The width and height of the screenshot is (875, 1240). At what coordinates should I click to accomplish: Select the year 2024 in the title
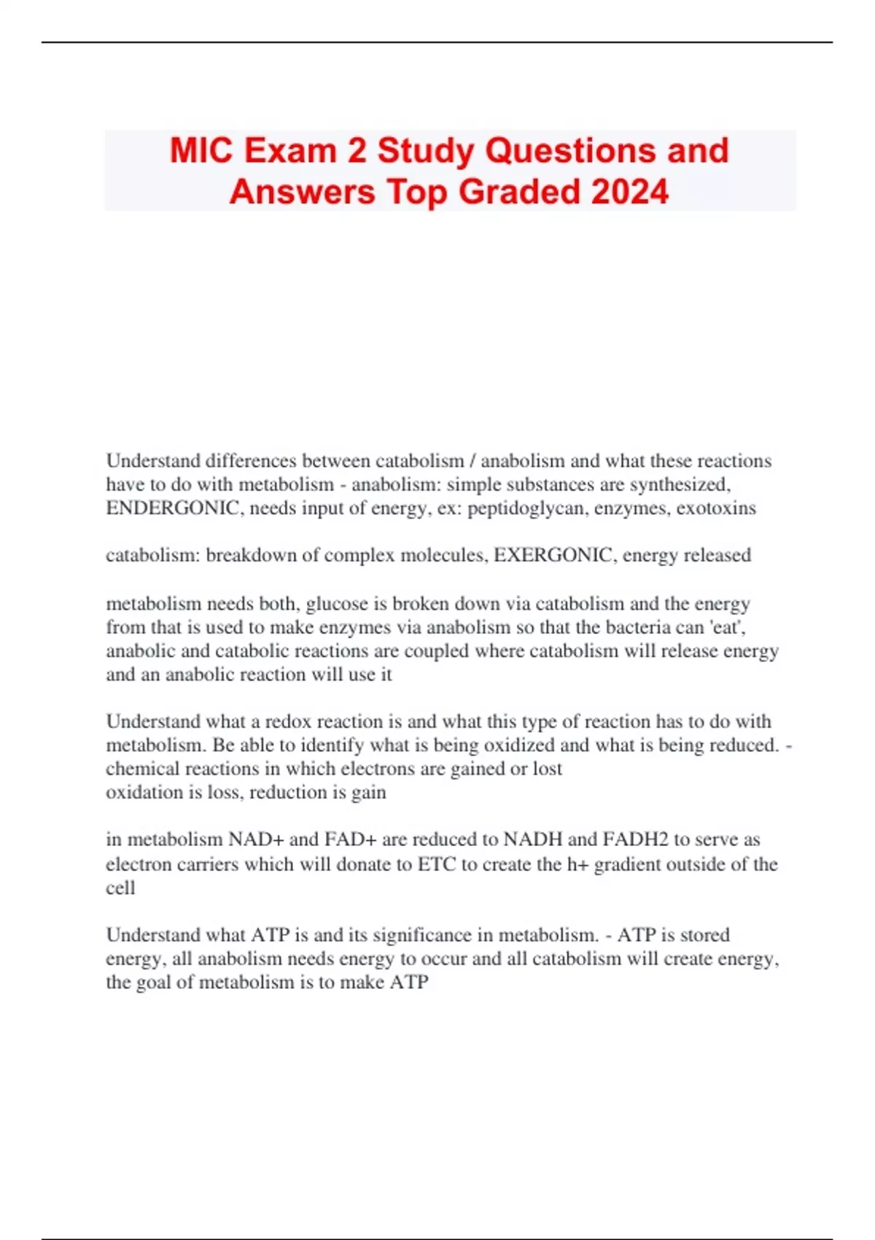[x=630, y=192]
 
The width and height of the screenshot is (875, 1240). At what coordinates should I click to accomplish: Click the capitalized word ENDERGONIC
[x=172, y=508]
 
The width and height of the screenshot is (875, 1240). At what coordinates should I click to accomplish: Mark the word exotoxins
[x=716, y=508]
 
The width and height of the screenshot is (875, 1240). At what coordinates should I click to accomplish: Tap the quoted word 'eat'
[x=726, y=627]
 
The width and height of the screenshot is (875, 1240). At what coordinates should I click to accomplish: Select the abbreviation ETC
[x=437, y=864]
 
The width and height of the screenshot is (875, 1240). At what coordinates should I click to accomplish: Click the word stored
[x=705, y=935]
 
